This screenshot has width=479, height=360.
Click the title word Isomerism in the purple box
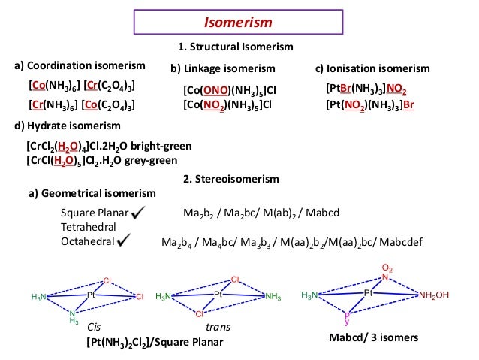point(239,23)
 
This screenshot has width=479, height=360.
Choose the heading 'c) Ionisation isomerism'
point(372,68)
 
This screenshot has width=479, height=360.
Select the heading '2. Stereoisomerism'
point(230,179)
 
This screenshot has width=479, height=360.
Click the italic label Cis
point(94,328)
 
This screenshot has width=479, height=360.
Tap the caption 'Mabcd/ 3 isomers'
point(374,338)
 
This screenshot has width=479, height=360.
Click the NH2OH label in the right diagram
point(434,295)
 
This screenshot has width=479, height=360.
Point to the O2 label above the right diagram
point(387,268)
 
